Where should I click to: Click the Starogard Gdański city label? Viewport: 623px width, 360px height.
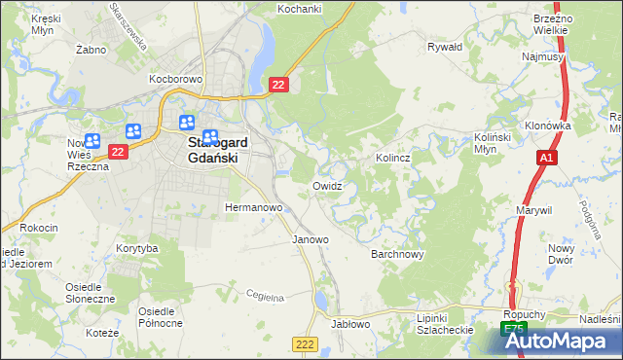pos(216,151)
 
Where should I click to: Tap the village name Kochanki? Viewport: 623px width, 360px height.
pos(300,9)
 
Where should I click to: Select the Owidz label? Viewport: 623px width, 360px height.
pos(327,185)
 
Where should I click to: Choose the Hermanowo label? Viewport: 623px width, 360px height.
pos(253,207)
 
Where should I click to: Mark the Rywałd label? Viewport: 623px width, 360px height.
pos(445,46)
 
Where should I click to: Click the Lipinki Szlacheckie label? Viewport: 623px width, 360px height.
pos(444,324)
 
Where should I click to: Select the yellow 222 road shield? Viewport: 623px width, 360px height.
pos(305,344)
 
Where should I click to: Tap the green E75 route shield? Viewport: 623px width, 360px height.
pos(513,331)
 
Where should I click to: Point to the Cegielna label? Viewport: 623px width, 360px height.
pos(264,295)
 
